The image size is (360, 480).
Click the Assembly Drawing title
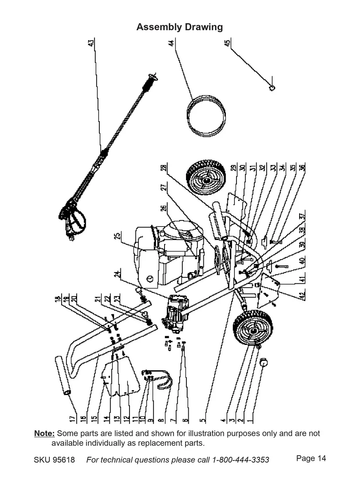[x=180, y=27]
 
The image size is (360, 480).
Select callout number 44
[x=172, y=43]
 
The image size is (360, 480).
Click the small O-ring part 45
[x=272, y=87]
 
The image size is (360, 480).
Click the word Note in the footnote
[x=44, y=433]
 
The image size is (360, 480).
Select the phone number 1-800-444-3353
[x=241, y=460]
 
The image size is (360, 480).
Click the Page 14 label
[x=311, y=459]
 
